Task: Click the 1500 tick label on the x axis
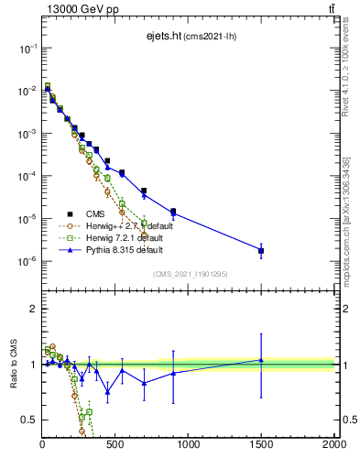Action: click(261, 444)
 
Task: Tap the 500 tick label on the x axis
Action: click(115, 444)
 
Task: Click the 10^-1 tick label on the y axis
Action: click(28, 48)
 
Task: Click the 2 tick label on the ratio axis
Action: click(33, 309)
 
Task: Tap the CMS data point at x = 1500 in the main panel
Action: click(261, 250)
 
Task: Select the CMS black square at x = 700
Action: click(144, 191)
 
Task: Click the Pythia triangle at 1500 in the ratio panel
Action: click(261, 360)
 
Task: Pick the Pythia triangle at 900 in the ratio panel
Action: click(173, 373)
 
